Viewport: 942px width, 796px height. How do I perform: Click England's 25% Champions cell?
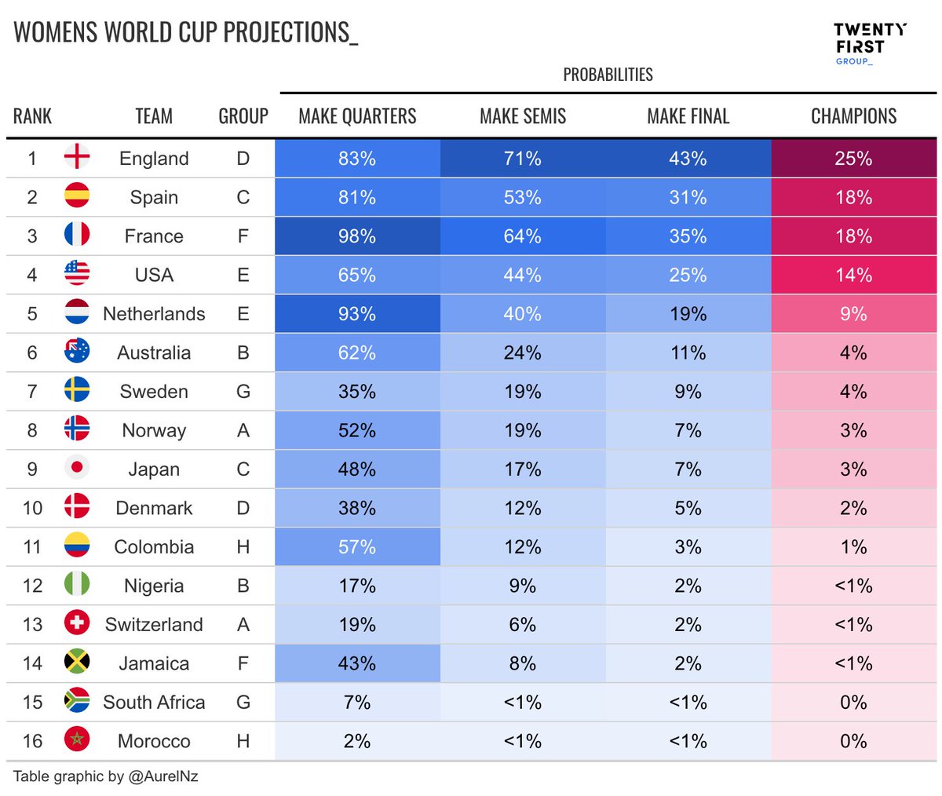(x=853, y=159)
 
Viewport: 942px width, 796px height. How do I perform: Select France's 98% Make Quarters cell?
(x=357, y=236)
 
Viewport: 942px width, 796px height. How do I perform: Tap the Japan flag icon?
(x=77, y=469)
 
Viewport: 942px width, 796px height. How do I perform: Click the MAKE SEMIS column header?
(x=523, y=116)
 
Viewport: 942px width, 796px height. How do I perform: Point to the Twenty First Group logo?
(x=869, y=44)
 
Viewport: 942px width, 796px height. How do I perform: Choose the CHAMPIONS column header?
(x=853, y=116)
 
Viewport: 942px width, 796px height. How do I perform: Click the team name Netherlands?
(x=154, y=314)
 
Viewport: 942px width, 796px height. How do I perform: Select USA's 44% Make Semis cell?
(x=523, y=276)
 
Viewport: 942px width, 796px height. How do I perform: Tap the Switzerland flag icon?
(x=77, y=623)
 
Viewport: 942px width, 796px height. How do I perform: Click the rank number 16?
(x=32, y=741)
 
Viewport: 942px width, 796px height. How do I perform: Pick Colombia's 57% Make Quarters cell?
(x=357, y=547)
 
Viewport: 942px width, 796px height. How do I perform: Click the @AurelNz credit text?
(x=163, y=776)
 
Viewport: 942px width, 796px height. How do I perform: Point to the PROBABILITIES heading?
(x=608, y=75)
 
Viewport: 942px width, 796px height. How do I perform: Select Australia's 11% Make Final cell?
(x=688, y=352)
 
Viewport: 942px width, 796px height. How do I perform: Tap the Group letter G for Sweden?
(x=243, y=392)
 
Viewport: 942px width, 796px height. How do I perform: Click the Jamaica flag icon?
(x=77, y=663)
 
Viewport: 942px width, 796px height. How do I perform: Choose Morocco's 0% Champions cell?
(x=853, y=741)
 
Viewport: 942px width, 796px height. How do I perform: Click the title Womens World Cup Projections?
(x=186, y=32)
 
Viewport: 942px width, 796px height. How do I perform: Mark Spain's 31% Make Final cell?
(x=688, y=198)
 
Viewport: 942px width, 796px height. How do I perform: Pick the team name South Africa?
(x=154, y=702)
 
